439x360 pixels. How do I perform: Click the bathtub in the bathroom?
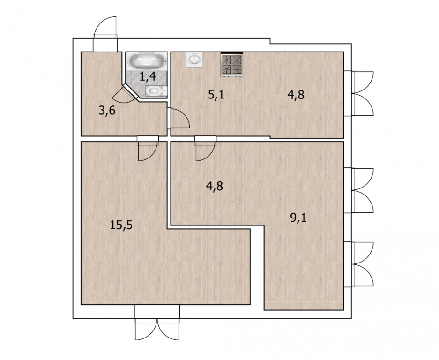pos(147,61)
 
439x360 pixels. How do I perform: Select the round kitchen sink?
pos(194,59)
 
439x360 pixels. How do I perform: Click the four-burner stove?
pos(231,64)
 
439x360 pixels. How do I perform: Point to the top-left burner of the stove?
pos(226,60)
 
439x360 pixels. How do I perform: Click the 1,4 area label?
pos(148,76)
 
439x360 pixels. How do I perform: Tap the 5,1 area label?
pos(216,94)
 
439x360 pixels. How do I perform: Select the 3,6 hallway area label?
pos(107,111)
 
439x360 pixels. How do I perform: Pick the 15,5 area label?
pos(121,225)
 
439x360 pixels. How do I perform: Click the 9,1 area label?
pos(298,217)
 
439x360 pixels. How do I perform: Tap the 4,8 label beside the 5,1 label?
pos(296,95)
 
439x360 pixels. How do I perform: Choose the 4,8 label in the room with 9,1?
pos(214,186)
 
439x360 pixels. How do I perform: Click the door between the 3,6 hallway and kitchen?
pos(179,118)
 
